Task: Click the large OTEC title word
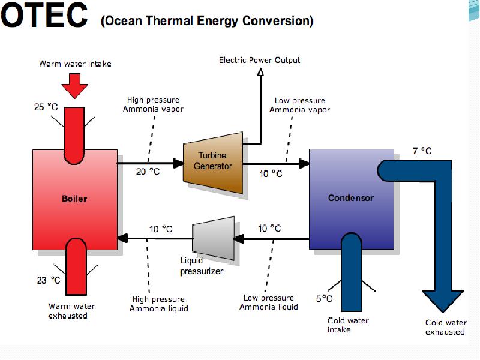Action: pyautogui.click(x=44, y=14)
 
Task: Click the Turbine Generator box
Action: pyautogui.click(x=213, y=163)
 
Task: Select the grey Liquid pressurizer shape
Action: pyautogui.click(x=214, y=238)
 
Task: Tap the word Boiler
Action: pyautogui.click(x=74, y=199)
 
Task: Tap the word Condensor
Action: pyautogui.click(x=351, y=198)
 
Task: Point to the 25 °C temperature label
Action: pyautogui.click(x=46, y=107)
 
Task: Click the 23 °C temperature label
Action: pyautogui.click(x=49, y=280)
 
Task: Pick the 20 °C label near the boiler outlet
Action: pyautogui.click(x=148, y=172)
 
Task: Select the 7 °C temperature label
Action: pyautogui.click(x=422, y=151)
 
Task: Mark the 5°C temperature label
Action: pyautogui.click(x=324, y=298)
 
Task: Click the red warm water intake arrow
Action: pyautogui.click(x=74, y=86)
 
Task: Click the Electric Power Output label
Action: pyautogui.click(x=260, y=60)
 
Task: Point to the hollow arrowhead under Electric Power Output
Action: pyautogui.click(x=260, y=72)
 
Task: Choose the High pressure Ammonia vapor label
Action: pyautogui.click(x=153, y=104)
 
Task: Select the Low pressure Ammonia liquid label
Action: pyautogui.click(x=269, y=302)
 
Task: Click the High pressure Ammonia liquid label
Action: pyautogui.click(x=158, y=304)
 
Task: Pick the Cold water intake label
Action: pyautogui.click(x=348, y=325)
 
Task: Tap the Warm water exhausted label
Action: pyautogui.click(x=71, y=311)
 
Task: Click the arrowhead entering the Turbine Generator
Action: pyautogui.click(x=178, y=163)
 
